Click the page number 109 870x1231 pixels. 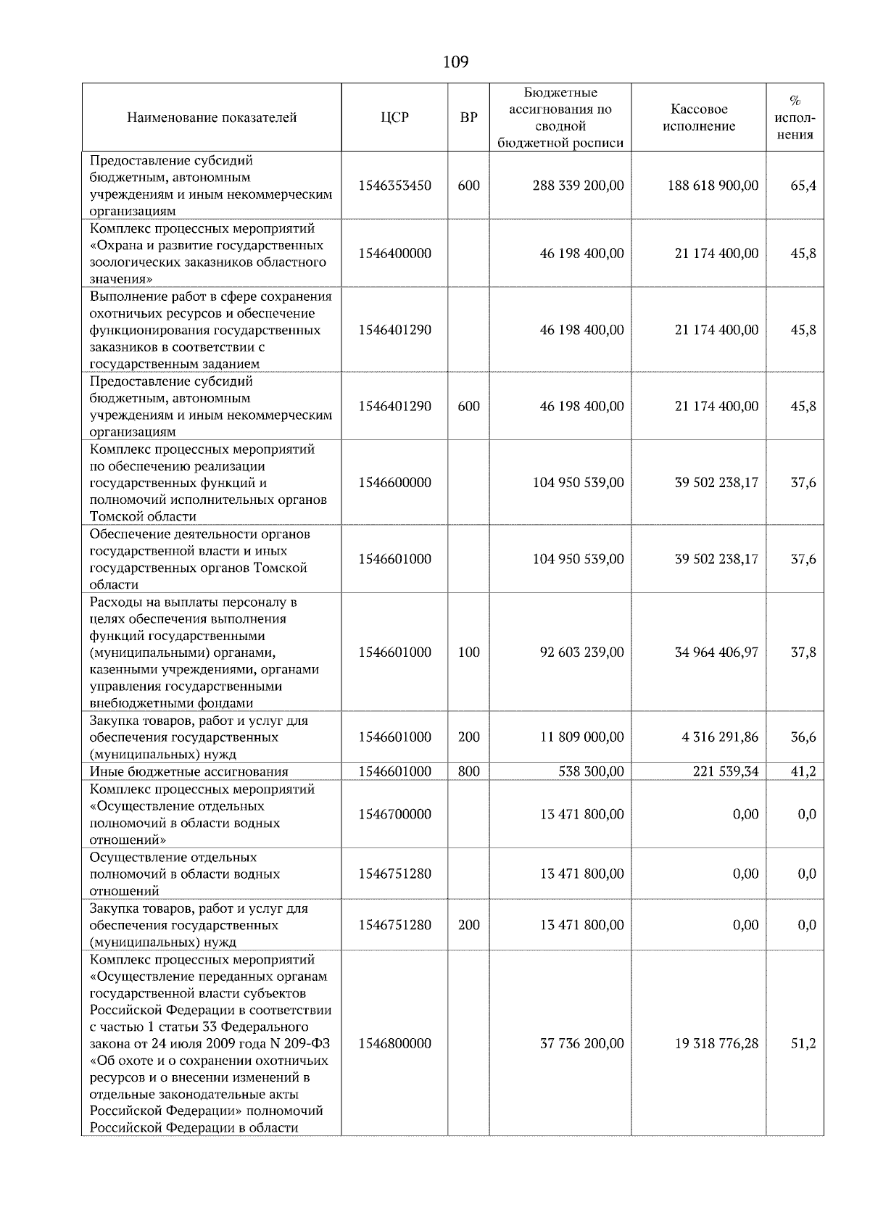click(455, 62)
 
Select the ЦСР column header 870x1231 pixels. click(394, 117)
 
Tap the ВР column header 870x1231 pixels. click(468, 117)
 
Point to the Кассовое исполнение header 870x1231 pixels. click(698, 117)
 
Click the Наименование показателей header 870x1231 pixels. click(212, 117)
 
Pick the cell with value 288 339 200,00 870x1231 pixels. click(578, 186)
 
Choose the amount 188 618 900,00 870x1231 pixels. click(713, 186)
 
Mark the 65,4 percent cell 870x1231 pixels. click(803, 186)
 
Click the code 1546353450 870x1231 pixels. click(394, 186)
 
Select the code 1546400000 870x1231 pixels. click(394, 254)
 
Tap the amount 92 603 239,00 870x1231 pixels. click(581, 652)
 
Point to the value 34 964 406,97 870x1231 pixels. click(716, 652)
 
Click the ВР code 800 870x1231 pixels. click(468, 771)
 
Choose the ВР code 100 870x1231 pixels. click(468, 652)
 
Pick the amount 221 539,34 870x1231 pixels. click(725, 771)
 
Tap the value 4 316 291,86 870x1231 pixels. click(720, 737)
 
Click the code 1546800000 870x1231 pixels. click(394, 1043)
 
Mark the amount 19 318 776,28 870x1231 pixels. click(716, 1043)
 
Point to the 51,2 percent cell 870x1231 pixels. click(803, 1043)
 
